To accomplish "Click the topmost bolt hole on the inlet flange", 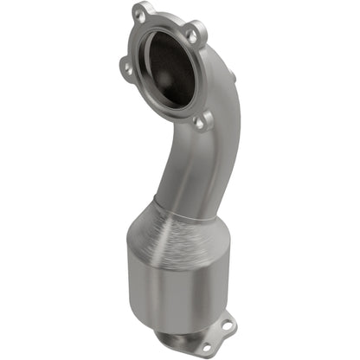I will point(141,15).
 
